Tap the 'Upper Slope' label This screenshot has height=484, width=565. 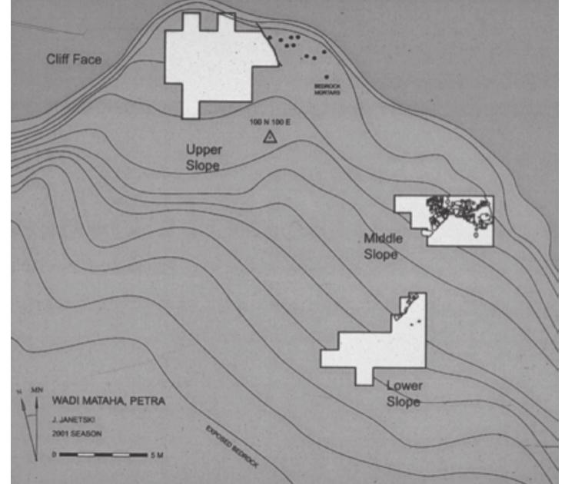tap(204, 157)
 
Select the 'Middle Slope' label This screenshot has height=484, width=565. tap(381, 247)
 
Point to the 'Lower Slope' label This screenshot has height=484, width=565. tap(403, 393)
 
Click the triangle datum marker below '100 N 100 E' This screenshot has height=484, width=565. tap(270, 137)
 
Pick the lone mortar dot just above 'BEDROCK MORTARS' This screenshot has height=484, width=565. tap(327, 77)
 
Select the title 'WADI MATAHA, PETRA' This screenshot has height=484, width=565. tap(108, 400)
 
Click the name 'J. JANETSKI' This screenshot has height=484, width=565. tap(74, 420)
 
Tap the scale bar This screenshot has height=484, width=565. tap(103, 455)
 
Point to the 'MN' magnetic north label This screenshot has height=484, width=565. tap(37, 391)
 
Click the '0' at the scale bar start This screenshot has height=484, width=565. tap(55, 455)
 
